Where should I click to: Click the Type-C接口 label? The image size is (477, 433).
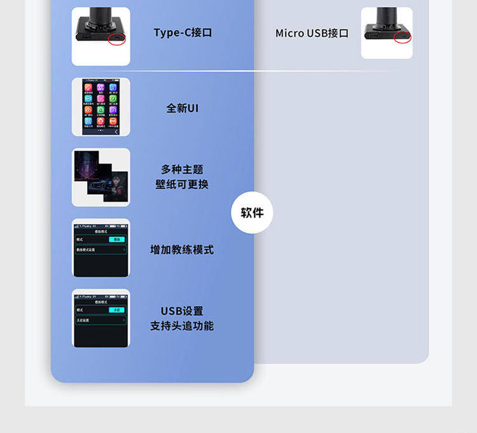pos(183,32)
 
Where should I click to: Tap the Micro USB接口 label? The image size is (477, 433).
pos(312,33)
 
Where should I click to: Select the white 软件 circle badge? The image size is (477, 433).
pos(252,213)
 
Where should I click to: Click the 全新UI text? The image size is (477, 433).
pos(183,108)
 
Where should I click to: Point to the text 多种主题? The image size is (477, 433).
pos(182,169)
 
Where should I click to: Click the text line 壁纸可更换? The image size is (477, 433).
pos(182,185)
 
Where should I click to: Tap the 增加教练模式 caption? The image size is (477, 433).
pos(182,250)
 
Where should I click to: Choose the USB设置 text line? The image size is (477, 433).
pos(182,311)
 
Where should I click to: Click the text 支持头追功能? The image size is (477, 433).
pos(182,326)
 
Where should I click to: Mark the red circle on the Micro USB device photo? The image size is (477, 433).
pos(403,37)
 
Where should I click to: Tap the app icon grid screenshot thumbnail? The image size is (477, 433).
pos(100,107)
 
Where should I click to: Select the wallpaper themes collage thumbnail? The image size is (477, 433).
pos(100,178)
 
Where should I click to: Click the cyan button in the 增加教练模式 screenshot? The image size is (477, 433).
pos(117,239)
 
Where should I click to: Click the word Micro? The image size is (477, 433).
pos(289,33)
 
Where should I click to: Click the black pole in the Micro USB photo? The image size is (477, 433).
pos(385,15)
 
